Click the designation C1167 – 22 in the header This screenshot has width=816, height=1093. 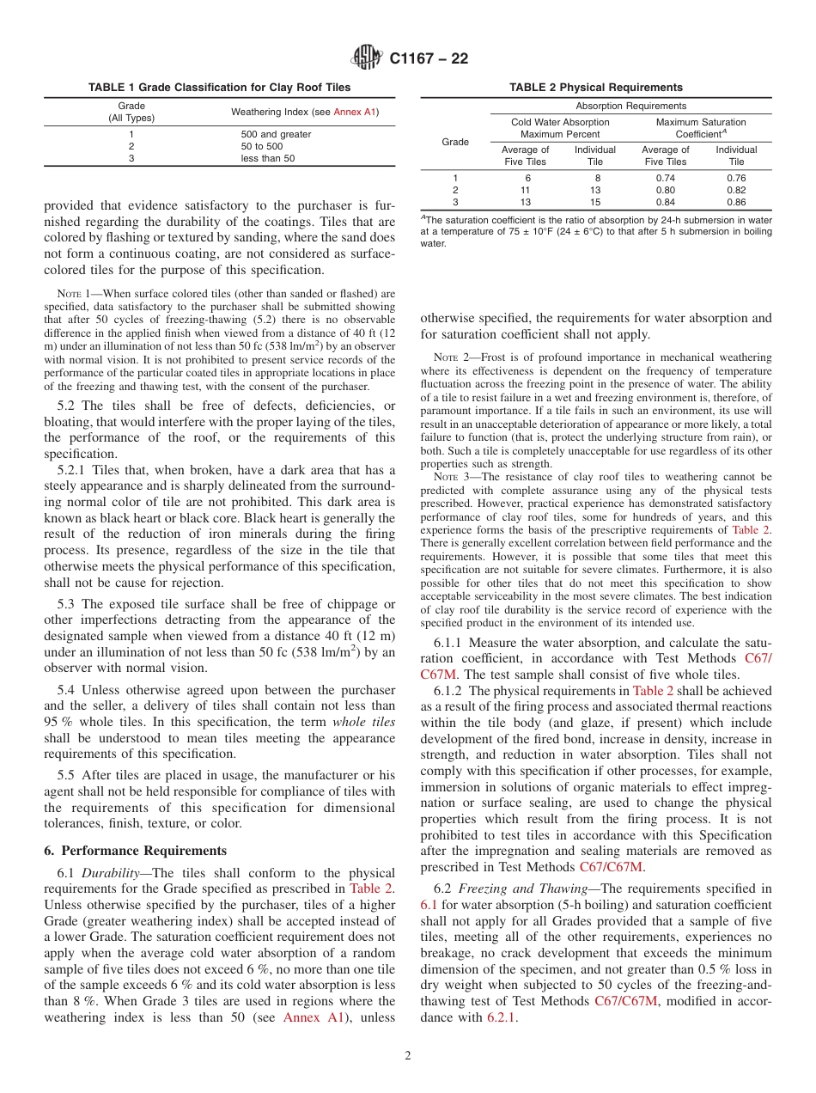click(429, 59)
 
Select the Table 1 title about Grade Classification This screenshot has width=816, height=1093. click(219, 88)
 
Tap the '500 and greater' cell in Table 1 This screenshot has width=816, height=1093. click(276, 134)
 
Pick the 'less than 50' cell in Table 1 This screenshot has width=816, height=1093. click(267, 158)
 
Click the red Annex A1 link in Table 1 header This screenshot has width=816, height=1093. click(354, 112)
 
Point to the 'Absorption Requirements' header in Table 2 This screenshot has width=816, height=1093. click(630, 106)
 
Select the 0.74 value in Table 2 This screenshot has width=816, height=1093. click(666, 178)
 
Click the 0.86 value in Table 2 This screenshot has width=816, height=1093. click(736, 202)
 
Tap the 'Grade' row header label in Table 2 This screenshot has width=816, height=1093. click(454, 142)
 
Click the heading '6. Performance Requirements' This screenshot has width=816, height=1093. click(136, 851)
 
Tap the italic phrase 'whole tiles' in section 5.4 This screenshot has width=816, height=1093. click(363, 722)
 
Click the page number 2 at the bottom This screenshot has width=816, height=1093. click(408, 1056)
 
